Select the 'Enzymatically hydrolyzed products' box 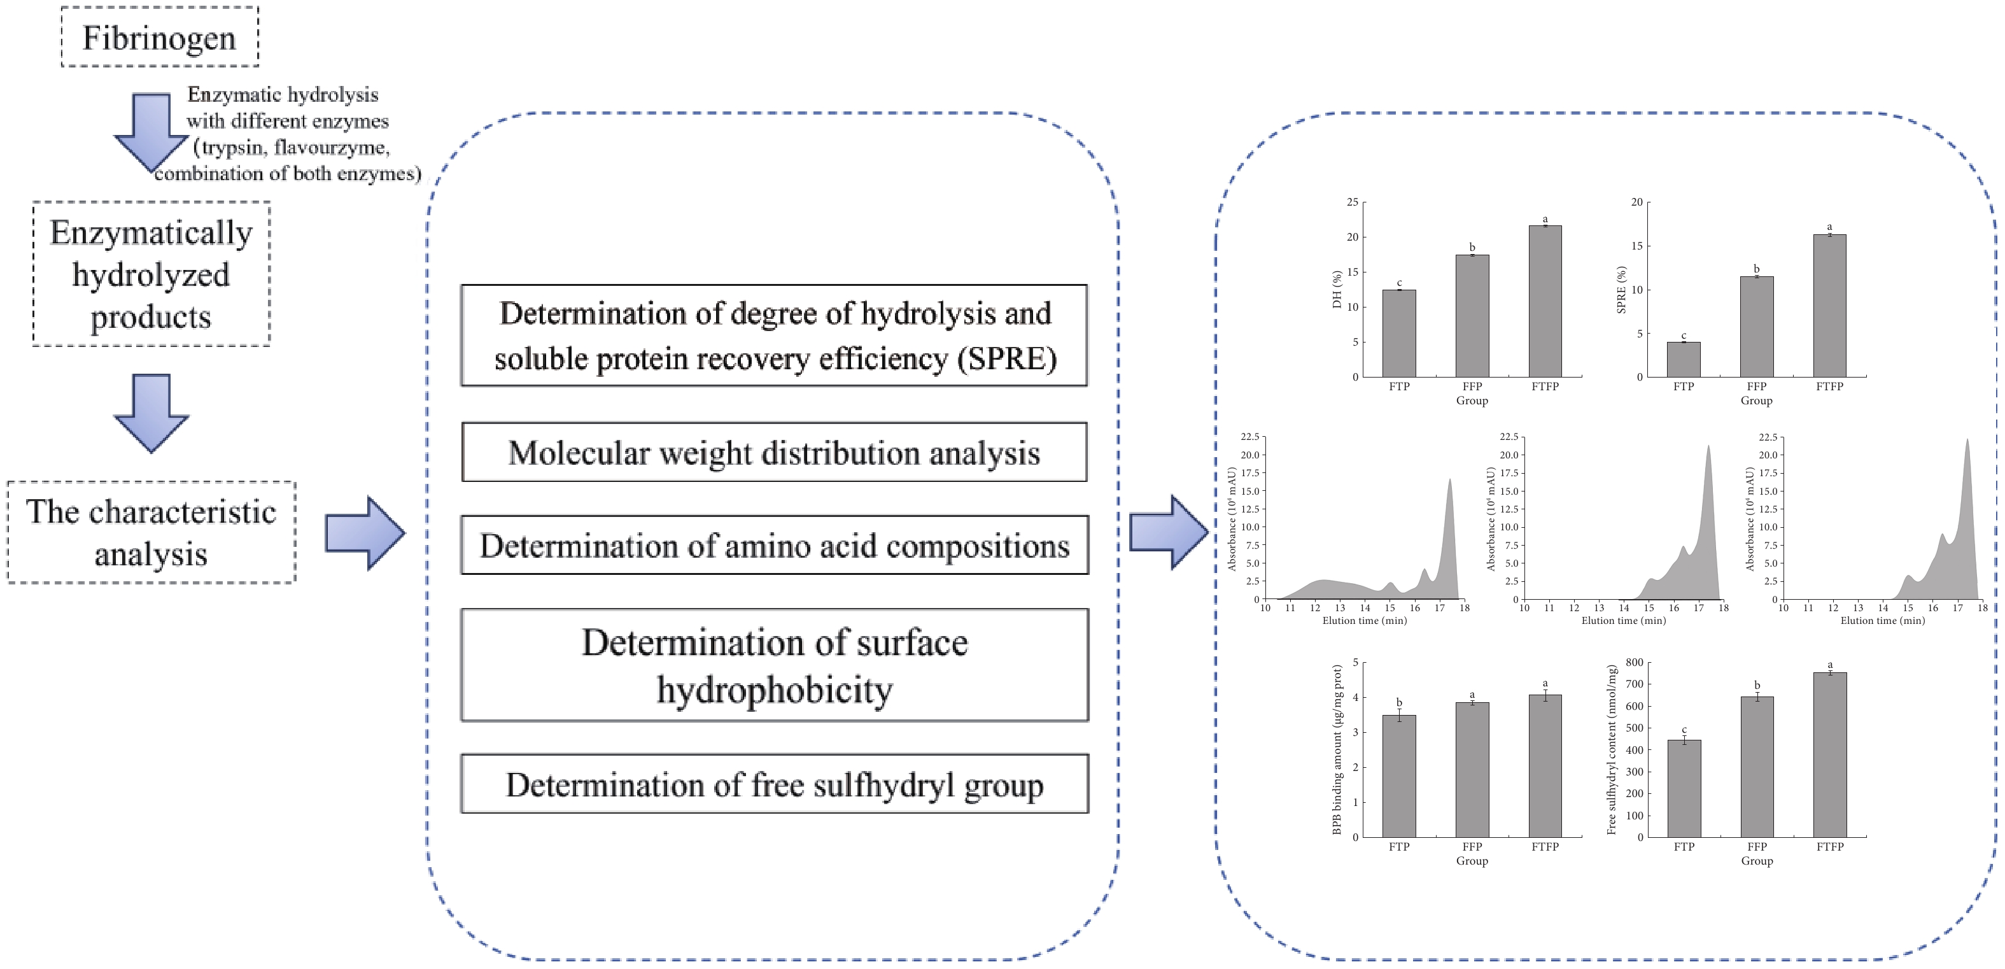(151, 274)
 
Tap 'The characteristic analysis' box (151, 532)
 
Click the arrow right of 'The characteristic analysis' (364, 533)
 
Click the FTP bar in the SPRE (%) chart (1683, 360)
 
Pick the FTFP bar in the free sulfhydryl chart (1829, 754)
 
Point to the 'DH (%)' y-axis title (1337, 290)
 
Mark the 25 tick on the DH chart (1352, 202)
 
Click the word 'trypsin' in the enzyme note (231, 147)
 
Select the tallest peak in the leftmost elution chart (1449, 483)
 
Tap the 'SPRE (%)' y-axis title (1621, 290)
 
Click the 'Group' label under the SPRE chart (1756, 401)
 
